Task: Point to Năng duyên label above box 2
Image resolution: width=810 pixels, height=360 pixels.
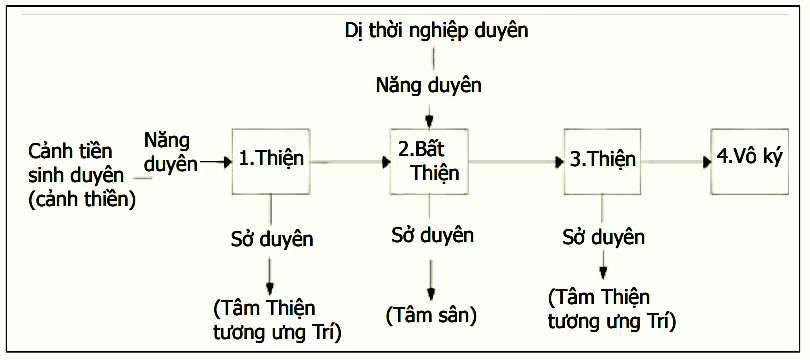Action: [429, 86]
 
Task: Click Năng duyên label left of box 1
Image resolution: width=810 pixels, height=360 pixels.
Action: [170, 151]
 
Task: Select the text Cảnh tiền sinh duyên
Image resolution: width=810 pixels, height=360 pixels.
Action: [76, 165]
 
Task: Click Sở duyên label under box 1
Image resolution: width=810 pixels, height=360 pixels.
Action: [272, 239]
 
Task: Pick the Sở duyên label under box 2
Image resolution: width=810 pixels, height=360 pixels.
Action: [432, 235]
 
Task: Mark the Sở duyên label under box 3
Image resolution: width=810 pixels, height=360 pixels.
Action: [603, 237]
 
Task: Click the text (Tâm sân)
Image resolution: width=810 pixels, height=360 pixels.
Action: [431, 316]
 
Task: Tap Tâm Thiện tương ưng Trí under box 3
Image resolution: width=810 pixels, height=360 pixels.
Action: [612, 310]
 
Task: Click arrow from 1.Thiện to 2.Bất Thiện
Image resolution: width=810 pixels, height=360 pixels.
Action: [350, 162]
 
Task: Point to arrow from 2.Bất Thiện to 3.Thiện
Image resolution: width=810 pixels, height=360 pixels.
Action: [516, 162]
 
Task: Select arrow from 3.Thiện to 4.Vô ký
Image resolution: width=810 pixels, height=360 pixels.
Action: [676, 162]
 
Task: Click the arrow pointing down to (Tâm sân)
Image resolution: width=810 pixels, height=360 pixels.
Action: [430, 280]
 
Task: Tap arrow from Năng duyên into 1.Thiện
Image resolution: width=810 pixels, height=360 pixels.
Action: [216, 163]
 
